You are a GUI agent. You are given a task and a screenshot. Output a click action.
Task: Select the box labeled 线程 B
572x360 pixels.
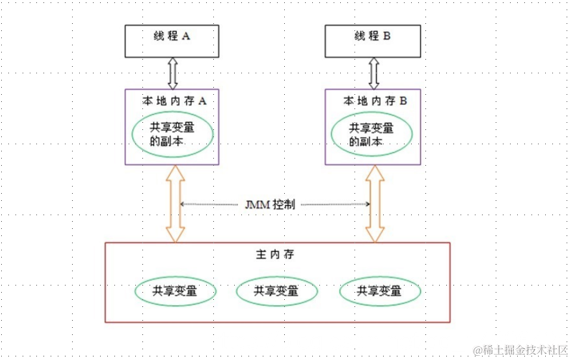tap(372, 42)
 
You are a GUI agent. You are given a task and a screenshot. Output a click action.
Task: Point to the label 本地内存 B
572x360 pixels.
tap(375, 101)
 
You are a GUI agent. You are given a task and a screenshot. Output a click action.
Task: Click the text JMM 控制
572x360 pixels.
tap(269, 204)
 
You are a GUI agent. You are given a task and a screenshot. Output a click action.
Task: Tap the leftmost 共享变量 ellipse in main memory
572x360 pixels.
tap(175, 291)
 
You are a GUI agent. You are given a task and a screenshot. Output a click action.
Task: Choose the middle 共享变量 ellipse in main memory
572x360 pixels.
tap(276, 291)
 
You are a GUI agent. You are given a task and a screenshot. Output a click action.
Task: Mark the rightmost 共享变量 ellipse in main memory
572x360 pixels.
tap(380, 291)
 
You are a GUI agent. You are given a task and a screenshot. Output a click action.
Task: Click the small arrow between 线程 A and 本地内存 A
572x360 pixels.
tap(173, 73)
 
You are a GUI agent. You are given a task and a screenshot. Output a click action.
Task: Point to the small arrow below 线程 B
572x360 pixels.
tap(374, 73)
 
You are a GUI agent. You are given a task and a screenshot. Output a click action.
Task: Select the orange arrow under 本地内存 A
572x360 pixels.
tap(175, 204)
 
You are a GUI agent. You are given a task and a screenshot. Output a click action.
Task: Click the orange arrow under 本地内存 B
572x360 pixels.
tap(375, 204)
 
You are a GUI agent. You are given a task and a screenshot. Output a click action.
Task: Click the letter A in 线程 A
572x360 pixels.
tap(186, 36)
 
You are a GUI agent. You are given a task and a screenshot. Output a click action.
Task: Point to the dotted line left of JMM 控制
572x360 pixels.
tap(212, 204)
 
